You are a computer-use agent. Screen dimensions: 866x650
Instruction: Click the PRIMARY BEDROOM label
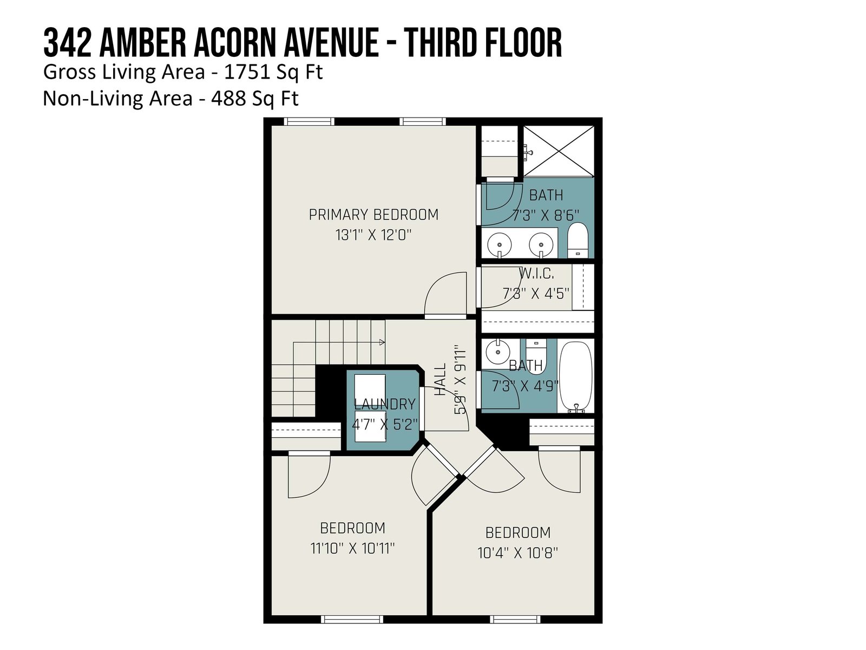[373, 214]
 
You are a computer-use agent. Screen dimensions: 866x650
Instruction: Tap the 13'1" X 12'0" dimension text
[373, 235]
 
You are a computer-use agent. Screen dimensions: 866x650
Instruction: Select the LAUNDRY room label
[385, 404]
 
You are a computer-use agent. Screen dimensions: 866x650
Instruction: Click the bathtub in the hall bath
[576, 378]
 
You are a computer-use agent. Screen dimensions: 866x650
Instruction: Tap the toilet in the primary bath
[578, 240]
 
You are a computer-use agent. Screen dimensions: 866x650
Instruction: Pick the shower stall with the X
[558, 151]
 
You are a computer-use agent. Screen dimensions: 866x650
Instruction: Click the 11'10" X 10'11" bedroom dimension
[352, 548]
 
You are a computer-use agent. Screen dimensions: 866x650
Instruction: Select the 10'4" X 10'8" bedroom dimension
[517, 553]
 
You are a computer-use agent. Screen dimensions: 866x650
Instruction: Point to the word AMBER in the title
[142, 43]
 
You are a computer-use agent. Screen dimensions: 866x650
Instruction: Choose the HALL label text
[440, 379]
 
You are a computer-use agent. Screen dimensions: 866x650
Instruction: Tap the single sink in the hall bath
[498, 352]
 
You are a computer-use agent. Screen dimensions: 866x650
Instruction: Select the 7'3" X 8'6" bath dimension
[546, 216]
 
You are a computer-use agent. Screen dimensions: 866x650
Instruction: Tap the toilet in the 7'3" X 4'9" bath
[535, 356]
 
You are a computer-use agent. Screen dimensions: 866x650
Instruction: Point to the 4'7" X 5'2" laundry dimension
[385, 425]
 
